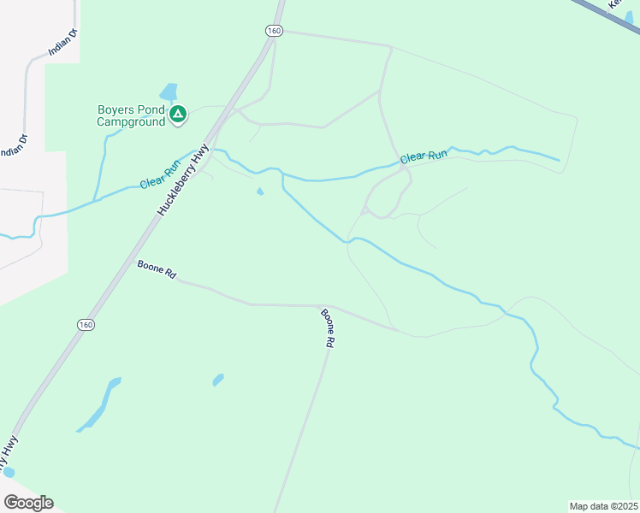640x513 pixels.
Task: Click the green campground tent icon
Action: tap(178, 115)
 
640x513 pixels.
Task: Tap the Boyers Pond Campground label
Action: tap(130, 115)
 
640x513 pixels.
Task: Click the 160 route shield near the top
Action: tap(273, 31)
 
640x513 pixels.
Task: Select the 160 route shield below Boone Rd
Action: tap(85, 325)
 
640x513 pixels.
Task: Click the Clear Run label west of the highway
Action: tap(161, 173)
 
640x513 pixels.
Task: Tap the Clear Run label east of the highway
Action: tap(424, 157)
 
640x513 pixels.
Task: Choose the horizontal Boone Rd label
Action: tap(157, 270)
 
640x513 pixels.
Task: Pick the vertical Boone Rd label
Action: tap(327, 327)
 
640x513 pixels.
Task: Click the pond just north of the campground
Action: tap(169, 91)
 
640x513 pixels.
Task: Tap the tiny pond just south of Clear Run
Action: tap(260, 192)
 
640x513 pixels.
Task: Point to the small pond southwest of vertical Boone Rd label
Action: tap(218, 379)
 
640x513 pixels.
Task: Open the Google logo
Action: tap(28, 503)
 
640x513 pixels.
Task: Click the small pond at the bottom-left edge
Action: tap(9, 471)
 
